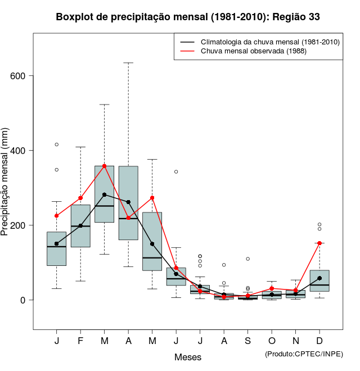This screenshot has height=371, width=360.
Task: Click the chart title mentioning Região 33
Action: [x=188, y=17]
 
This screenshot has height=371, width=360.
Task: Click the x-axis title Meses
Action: [x=188, y=357]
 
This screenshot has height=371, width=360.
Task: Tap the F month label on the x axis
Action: [x=80, y=341]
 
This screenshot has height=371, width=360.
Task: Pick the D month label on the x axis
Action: [x=319, y=341]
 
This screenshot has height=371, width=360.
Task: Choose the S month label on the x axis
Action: [x=248, y=341]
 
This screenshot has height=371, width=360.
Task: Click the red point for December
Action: [x=319, y=243]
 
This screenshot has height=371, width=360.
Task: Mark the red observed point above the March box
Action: [x=105, y=166]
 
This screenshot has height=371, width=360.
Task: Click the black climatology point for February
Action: [x=80, y=226]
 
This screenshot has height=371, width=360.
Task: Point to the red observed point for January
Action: [x=56, y=216]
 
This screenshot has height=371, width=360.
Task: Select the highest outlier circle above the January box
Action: [x=56, y=144]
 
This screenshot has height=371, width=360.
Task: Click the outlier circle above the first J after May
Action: [x=176, y=171]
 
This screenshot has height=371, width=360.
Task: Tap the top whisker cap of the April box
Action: [x=128, y=63]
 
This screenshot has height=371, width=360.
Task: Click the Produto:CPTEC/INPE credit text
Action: [x=303, y=354]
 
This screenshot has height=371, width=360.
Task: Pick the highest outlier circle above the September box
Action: [x=248, y=259]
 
